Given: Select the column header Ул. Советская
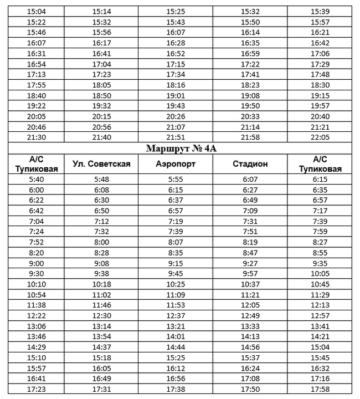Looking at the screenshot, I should (101, 164).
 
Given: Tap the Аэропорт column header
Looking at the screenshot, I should (176, 164).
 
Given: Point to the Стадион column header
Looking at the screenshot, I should (250, 164).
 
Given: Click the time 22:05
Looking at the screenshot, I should (320, 137).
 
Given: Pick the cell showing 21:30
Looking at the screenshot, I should (36, 137).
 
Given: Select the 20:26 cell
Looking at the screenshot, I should (176, 116).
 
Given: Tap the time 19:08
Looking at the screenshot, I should (250, 95).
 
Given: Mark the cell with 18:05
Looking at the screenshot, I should (101, 85).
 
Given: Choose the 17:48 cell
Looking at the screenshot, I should (320, 74).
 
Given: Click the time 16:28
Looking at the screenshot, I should (176, 43).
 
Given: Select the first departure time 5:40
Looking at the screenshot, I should (36, 180).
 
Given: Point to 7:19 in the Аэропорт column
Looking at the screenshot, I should (176, 222).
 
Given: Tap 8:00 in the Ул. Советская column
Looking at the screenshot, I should (101, 243).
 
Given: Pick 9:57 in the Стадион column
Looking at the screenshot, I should (250, 274).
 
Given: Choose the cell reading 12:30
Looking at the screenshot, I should (101, 316).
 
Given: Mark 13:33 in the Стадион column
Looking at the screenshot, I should (250, 326).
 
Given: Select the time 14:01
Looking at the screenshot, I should (176, 337).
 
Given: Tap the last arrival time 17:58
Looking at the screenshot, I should (320, 390).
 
